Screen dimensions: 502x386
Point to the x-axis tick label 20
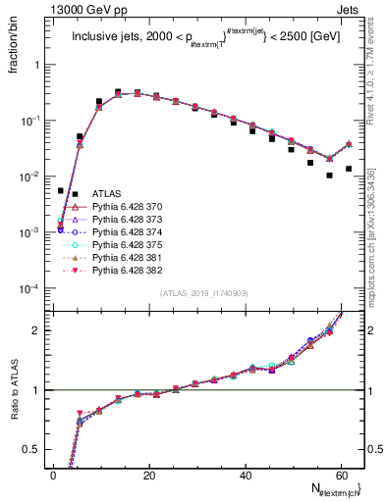(149, 475)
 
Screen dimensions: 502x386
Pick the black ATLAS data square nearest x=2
(61, 190)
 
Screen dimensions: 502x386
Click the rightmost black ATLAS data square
(349, 169)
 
